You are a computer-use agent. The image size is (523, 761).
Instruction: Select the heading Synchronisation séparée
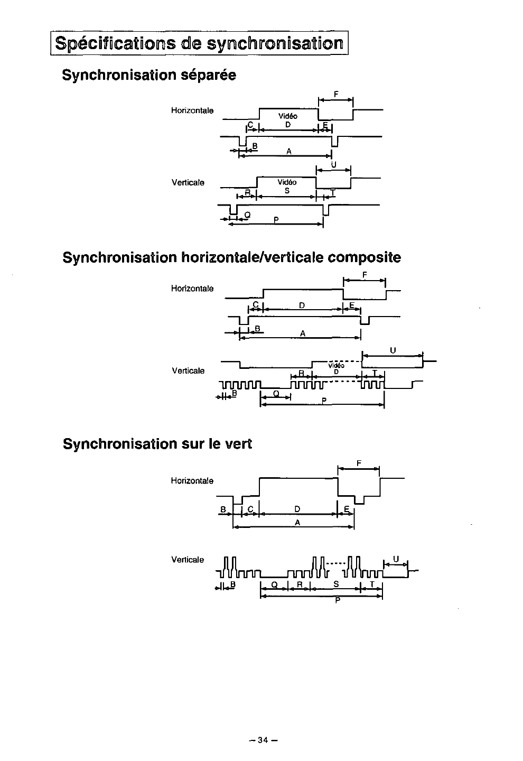tap(149, 75)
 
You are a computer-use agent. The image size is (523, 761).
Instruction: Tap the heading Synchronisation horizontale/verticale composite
tap(231, 257)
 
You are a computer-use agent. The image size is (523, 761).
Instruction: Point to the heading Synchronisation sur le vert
tap(157, 444)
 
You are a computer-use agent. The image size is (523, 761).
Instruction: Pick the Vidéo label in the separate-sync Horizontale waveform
tap(288, 116)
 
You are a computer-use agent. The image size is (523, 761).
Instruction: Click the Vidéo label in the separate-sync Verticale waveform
tap(287, 182)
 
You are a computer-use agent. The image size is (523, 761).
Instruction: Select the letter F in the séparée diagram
tap(336, 95)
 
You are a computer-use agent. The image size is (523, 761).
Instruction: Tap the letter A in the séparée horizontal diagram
tap(289, 151)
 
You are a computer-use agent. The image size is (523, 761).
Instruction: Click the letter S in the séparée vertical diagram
tap(287, 191)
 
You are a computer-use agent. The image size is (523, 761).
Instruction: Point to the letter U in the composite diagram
tap(393, 350)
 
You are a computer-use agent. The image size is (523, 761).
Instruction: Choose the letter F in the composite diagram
tap(365, 274)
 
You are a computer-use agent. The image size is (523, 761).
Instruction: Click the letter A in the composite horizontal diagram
tap(302, 333)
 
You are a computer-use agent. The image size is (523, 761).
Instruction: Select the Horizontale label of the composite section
tap(192, 289)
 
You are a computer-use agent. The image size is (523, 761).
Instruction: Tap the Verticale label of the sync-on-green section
tap(188, 559)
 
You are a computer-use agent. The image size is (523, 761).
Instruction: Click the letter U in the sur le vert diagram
tap(396, 558)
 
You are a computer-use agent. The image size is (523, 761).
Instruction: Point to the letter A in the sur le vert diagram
tap(297, 522)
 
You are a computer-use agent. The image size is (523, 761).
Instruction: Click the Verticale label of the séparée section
tap(188, 183)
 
